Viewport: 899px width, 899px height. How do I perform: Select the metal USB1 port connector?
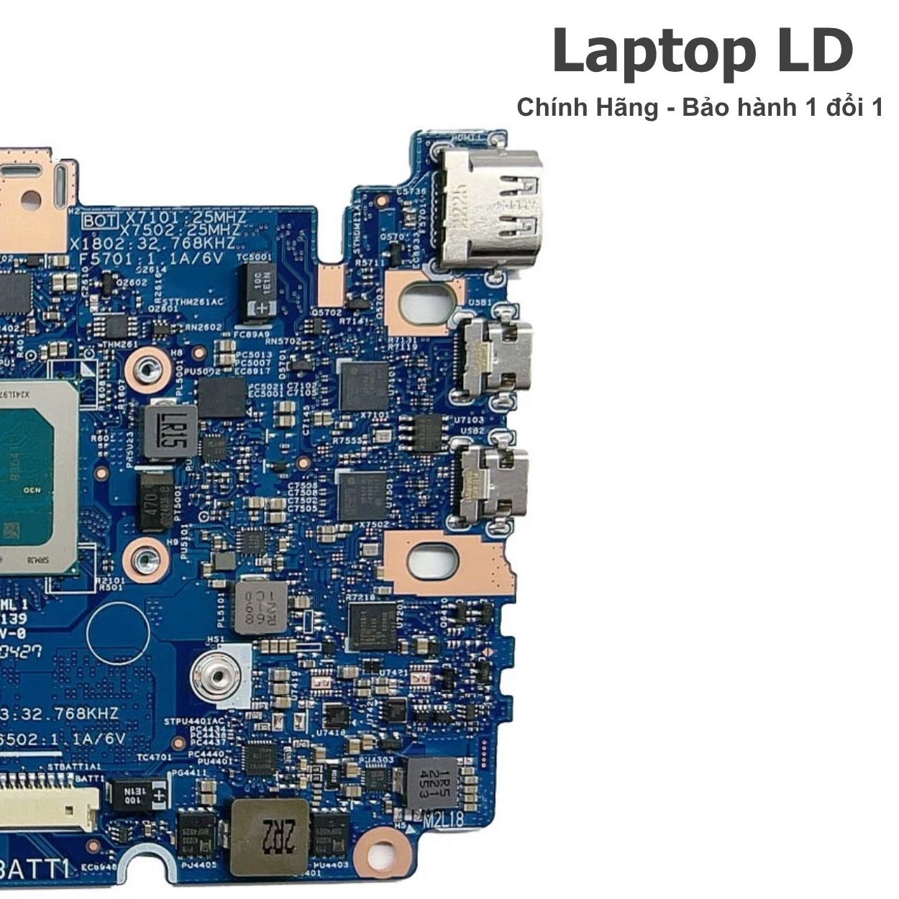(x=496, y=355)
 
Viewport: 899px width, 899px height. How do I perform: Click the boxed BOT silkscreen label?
(x=100, y=218)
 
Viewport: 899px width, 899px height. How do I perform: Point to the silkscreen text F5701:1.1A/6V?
(x=151, y=258)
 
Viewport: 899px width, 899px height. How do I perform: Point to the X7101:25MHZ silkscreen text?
(x=185, y=217)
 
